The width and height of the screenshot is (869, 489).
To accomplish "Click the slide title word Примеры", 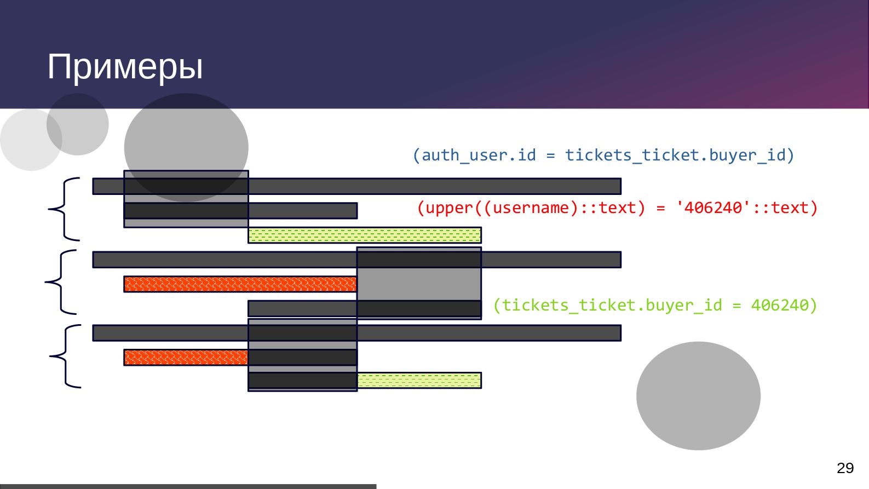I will tap(125, 67).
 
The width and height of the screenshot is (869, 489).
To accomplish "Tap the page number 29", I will tap(845, 468).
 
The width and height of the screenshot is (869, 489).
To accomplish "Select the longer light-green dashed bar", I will tap(365, 235).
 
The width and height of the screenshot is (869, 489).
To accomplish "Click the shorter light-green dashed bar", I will tap(419, 380).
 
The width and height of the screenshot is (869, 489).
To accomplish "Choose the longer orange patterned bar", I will tap(240, 284).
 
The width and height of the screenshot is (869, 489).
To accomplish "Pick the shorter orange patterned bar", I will tap(186, 357).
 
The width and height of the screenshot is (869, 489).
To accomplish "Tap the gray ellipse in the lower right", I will tap(698, 395).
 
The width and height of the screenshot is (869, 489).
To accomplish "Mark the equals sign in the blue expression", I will tap(550, 156).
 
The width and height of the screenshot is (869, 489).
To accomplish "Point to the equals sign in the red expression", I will tap(660, 208).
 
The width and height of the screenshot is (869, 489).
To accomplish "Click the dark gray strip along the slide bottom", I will tap(188, 486).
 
